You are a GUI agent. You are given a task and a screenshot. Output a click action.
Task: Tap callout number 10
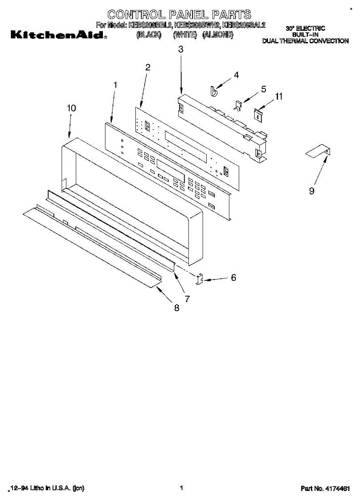click(72, 108)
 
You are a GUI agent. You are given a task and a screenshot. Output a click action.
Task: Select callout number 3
click(180, 49)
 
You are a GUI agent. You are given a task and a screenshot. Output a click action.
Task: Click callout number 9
click(312, 191)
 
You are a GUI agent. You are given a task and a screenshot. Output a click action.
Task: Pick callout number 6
click(233, 277)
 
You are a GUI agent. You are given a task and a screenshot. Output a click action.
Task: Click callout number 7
click(187, 299)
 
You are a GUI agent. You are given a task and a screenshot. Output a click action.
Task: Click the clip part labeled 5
click(238, 106)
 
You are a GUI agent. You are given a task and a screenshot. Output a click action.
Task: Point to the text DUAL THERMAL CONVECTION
click(305, 41)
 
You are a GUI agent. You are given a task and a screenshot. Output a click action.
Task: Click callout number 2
click(148, 67)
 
